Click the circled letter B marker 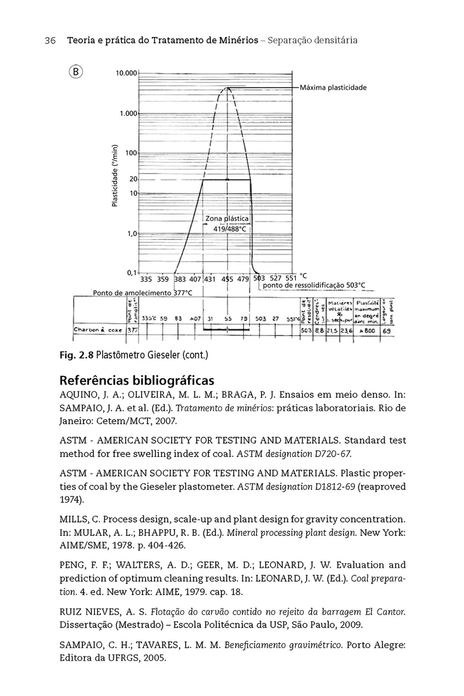click(x=76, y=72)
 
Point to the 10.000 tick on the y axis click(x=126, y=74)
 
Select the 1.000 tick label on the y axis click(x=128, y=113)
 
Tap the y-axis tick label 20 click(x=133, y=180)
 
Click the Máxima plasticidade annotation click(x=333, y=88)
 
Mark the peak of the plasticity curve click(x=227, y=88)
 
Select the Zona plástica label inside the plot click(x=227, y=219)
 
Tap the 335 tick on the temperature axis click(x=146, y=279)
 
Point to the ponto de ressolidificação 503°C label click(x=314, y=285)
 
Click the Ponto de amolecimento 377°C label click(x=142, y=293)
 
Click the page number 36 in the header click(x=49, y=41)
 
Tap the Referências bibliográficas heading click(x=137, y=381)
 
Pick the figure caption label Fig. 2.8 click(x=77, y=354)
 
